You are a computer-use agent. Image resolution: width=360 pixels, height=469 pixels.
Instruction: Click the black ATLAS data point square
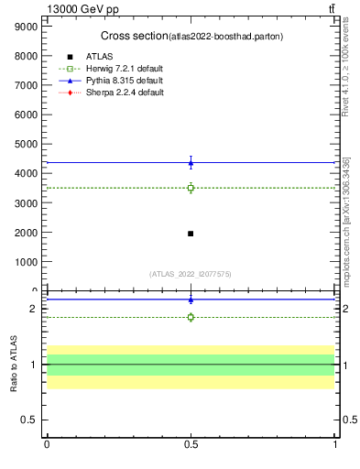click(x=191, y=234)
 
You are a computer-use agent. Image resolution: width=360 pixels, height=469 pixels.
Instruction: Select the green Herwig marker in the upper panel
click(x=191, y=188)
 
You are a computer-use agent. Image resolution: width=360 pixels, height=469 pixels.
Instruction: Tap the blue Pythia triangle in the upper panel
click(x=191, y=163)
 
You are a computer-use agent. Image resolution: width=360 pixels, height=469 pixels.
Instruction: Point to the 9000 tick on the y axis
click(x=26, y=27)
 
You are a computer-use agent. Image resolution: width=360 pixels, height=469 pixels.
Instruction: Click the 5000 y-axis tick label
click(x=26, y=144)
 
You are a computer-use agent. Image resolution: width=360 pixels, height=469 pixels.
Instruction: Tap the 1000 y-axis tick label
click(x=26, y=261)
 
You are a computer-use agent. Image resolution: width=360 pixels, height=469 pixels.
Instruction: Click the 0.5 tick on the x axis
click(x=191, y=444)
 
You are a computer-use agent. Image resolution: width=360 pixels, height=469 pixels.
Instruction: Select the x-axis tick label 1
click(x=334, y=444)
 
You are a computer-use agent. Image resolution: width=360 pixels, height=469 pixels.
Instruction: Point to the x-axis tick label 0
click(x=47, y=444)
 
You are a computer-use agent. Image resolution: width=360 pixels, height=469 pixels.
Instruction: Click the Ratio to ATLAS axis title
click(x=14, y=365)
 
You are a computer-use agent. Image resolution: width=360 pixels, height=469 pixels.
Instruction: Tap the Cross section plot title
click(x=192, y=36)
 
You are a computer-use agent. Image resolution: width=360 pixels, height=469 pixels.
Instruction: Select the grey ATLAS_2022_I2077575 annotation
click(x=191, y=274)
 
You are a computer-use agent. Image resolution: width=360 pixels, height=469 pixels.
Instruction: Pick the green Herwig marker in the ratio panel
click(x=191, y=317)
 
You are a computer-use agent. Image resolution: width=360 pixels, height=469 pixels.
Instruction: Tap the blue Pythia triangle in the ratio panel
click(x=191, y=300)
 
